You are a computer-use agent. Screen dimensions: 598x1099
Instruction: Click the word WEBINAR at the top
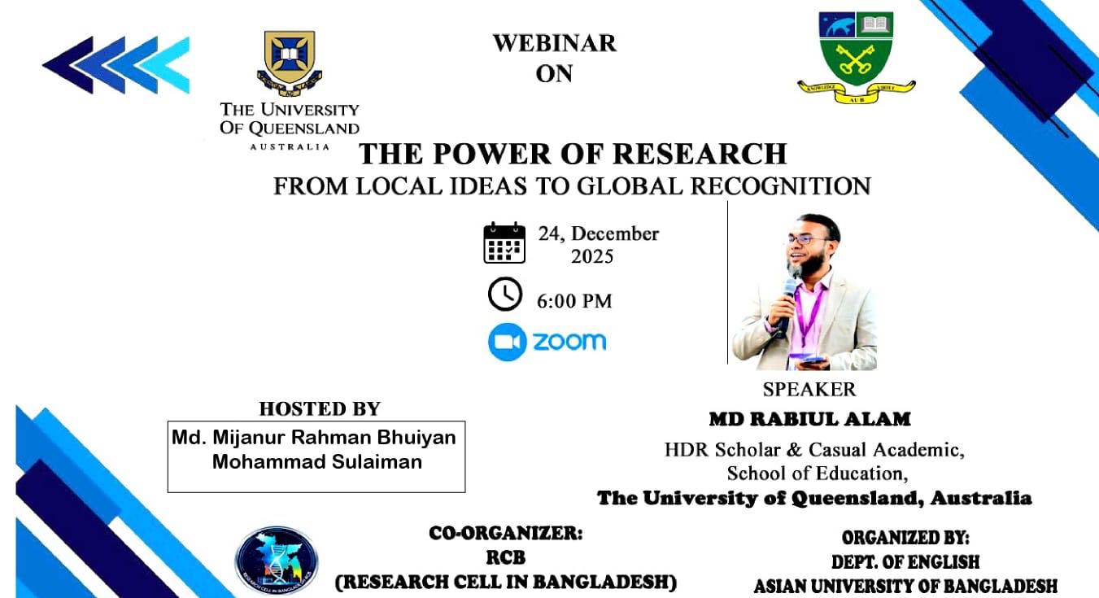tap(554, 43)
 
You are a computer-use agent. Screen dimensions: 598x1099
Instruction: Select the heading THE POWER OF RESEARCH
tap(573, 153)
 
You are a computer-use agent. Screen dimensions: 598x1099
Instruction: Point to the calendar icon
tap(504, 243)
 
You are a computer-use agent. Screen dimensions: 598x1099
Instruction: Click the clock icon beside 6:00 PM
tap(504, 294)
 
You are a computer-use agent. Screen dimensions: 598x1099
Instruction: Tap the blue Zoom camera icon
tap(506, 342)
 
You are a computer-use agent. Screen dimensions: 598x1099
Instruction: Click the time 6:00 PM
tap(574, 301)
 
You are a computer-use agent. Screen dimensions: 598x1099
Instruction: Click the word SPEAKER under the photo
tap(809, 389)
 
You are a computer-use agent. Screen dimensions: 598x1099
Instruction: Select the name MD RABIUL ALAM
tap(809, 420)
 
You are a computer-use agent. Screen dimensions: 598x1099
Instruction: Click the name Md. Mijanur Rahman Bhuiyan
tap(314, 438)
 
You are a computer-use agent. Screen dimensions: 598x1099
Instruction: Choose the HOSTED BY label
tap(320, 409)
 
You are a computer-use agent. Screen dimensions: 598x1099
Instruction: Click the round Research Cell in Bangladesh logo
tap(277, 561)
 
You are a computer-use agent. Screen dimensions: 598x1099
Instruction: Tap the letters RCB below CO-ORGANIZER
tap(506, 559)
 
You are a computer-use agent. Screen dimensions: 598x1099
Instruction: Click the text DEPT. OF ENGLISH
tap(905, 561)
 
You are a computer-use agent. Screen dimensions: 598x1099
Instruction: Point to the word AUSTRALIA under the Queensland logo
tap(290, 146)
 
